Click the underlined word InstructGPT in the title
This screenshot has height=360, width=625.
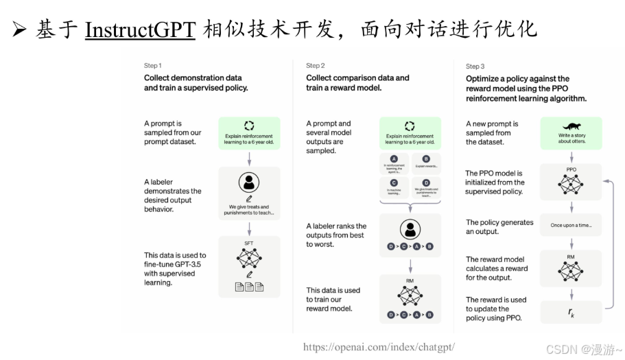(140, 29)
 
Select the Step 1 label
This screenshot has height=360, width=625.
(152, 66)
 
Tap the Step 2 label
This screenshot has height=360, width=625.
(316, 66)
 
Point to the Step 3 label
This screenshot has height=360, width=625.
(475, 67)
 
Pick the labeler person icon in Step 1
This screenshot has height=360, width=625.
(249, 182)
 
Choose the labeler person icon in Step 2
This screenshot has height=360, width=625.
(410, 230)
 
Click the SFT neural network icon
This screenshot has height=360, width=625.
(249, 259)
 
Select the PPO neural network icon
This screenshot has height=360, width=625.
(571, 182)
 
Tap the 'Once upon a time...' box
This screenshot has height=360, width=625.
(571, 225)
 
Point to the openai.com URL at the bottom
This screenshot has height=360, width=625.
(379, 347)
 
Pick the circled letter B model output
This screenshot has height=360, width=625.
(425, 158)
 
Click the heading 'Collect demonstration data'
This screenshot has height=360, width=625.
(193, 78)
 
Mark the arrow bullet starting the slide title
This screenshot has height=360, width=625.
(19, 30)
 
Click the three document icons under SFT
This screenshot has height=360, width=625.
(249, 287)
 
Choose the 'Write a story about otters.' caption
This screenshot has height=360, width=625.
(571, 139)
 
